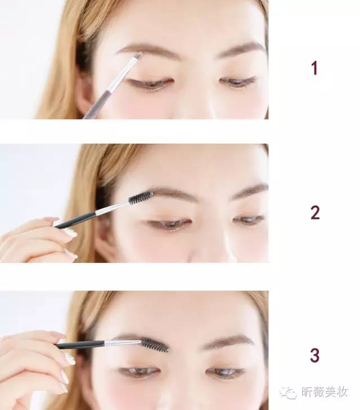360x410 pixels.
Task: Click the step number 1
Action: click(x=314, y=68)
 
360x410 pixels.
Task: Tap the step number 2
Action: click(x=315, y=212)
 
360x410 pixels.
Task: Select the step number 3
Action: click(x=315, y=355)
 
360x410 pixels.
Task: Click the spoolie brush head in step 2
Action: click(x=141, y=198)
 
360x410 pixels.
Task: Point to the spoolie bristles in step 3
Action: click(x=155, y=345)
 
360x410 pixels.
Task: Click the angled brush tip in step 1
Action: click(x=138, y=55)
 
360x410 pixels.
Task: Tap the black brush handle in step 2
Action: click(x=75, y=220)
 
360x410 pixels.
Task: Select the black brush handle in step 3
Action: click(x=81, y=345)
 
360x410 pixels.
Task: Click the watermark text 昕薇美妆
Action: click(x=325, y=392)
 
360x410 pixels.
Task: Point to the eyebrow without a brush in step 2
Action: click(x=250, y=191)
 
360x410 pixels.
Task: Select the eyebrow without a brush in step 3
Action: click(x=228, y=341)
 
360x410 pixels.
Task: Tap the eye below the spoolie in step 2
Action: click(x=169, y=224)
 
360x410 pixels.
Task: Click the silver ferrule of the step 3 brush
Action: click(x=123, y=343)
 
